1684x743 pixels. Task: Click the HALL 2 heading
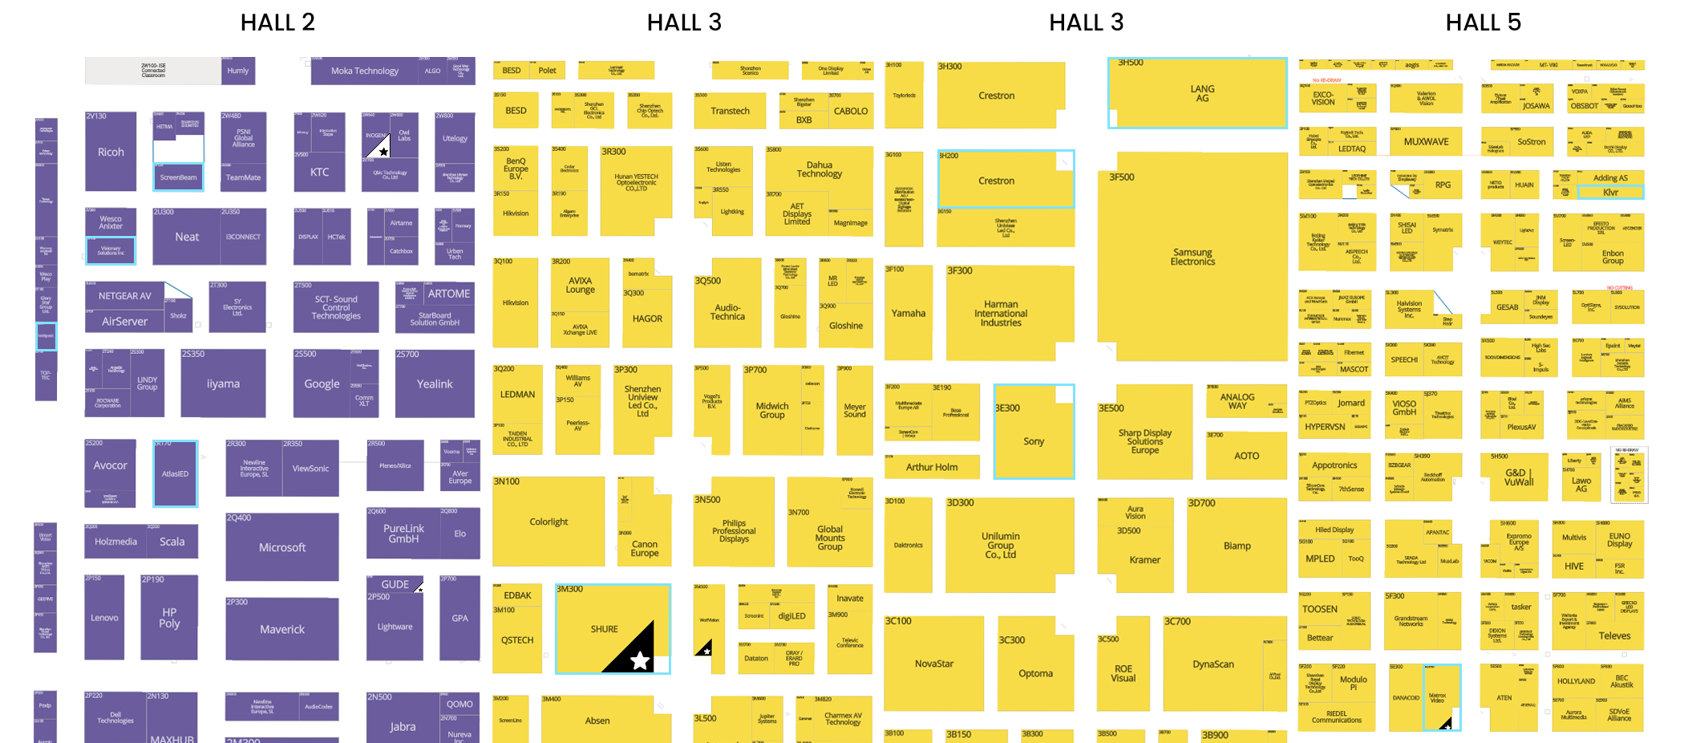(x=277, y=22)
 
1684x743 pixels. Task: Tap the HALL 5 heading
(x=1483, y=22)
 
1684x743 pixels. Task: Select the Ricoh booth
(x=111, y=152)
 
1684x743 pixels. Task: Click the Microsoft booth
(x=281, y=547)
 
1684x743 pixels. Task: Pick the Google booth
(x=322, y=384)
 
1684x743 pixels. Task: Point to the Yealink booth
(x=435, y=384)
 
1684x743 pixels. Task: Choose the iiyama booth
(x=223, y=384)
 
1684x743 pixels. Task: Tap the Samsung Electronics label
(x=1192, y=257)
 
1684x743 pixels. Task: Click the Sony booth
(x=1034, y=441)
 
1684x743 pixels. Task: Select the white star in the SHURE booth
(x=639, y=660)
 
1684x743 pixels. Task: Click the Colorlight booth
(x=549, y=522)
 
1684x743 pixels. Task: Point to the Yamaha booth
(x=909, y=313)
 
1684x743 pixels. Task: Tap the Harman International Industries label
(x=1001, y=313)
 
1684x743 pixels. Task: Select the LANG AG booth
(x=1202, y=93)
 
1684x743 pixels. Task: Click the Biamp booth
(x=1237, y=546)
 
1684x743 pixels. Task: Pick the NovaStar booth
(x=934, y=664)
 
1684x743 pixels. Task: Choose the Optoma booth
(x=1035, y=673)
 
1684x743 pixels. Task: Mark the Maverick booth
(x=281, y=629)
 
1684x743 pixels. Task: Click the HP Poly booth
(x=169, y=617)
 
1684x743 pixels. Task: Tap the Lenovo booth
(x=104, y=617)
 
